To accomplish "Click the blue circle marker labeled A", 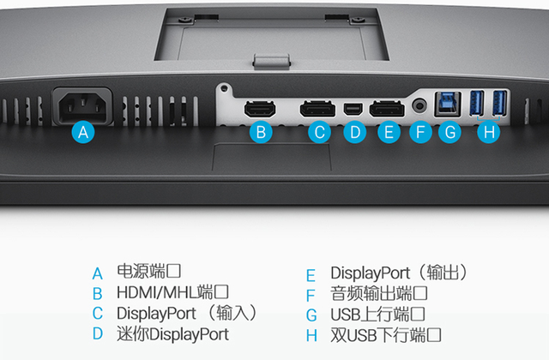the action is tap(83, 132).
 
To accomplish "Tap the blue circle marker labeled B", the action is tap(261, 132).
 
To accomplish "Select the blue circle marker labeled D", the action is tap(355, 132).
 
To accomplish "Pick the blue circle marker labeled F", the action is tap(420, 132).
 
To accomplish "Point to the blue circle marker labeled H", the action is tap(489, 132).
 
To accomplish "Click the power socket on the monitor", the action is tap(82, 106).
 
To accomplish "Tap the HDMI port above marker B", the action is tap(260, 109).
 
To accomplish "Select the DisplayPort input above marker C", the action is tap(317, 109).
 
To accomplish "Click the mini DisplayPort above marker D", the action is tap(353, 109).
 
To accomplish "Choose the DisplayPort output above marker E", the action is tap(387, 109).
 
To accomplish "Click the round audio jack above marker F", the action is tap(419, 105).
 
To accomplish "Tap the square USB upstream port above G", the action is tap(448, 104).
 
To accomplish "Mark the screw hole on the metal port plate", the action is tap(225, 88).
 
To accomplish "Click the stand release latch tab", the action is tap(272, 60).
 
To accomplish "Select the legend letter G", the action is tap(311, 315).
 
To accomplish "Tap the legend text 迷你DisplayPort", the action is tap(172, 334).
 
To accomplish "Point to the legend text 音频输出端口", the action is tap(379, 293).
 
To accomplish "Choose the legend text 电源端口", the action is tap(148, 271).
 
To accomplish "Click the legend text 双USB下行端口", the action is tap(385, 335).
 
